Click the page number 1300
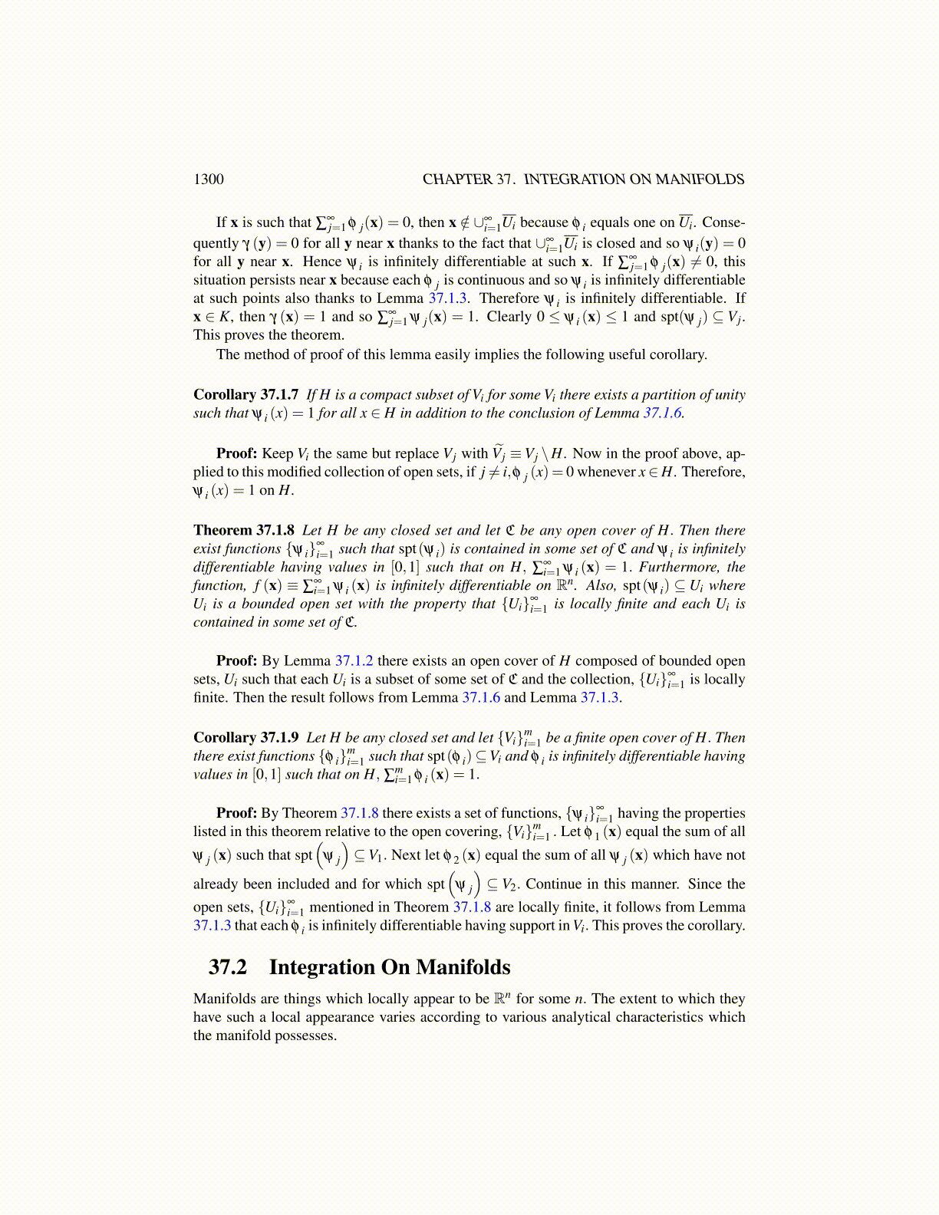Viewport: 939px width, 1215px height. click(208, 179)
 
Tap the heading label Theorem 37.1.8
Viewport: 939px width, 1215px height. click(243, 530)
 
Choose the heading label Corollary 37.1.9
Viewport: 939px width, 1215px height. click(245, 737)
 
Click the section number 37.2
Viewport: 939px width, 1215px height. click(228, 967)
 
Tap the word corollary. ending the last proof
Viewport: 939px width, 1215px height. click(711, 925)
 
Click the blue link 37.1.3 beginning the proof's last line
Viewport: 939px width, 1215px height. click(212, 925)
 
